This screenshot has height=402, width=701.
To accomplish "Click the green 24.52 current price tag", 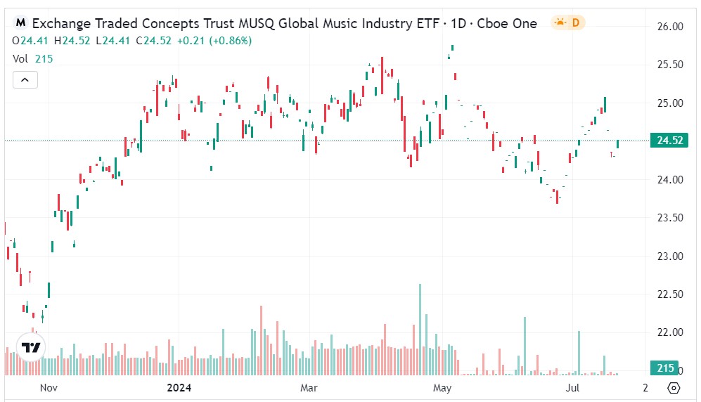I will tap(670, 141).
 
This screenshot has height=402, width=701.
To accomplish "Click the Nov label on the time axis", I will tap(49, 387).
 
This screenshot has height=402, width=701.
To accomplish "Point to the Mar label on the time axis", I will tap(309, 387).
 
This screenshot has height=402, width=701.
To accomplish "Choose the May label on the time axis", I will tap(442, 387).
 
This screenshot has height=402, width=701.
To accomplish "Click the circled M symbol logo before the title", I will tap(21, 23).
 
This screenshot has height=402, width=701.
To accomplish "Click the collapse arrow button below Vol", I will tap(25, 80).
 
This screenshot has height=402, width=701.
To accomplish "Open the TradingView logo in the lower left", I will tap(30, 347).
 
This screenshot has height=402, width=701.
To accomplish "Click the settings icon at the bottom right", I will tap(674, 388).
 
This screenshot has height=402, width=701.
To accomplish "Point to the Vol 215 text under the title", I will tap(33, 59).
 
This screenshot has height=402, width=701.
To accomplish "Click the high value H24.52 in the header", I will tap(75, 41).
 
